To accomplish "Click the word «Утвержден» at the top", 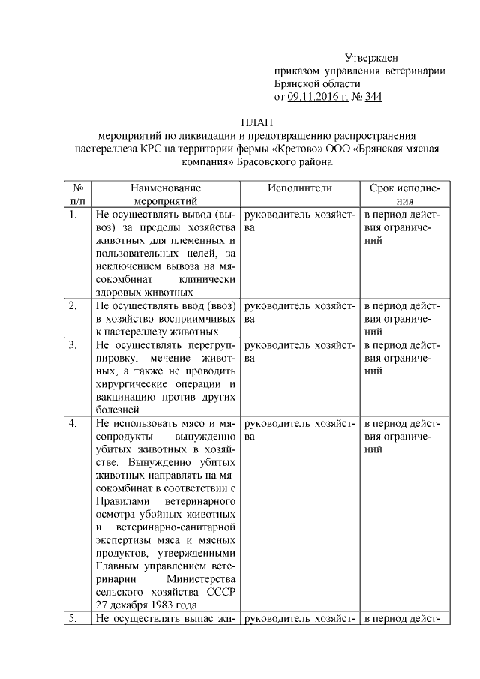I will click(x=371, y=58).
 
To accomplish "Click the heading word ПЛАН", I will click(x=256, y=122).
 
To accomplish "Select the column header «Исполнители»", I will click(x=299, y=188).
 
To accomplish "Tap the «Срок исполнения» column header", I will click(x=405, y=194).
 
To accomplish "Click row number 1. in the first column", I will click(x=73, y=215).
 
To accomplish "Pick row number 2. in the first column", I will click(x=73, y=306).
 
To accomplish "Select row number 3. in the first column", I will click(x=73, y=345).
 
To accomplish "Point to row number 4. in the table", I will click(x=73, y=424).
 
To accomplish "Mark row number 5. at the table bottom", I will click(x=73, y=619).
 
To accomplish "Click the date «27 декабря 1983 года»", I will click(x=147, y=605).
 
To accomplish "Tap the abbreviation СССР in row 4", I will click(x=218, y=593).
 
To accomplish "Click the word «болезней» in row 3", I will click(x=118, y=410).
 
